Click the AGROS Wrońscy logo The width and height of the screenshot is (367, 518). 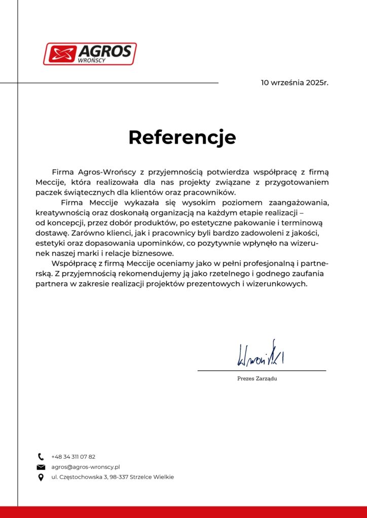tap(90, 54)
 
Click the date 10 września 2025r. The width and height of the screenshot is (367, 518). tap(295, 82)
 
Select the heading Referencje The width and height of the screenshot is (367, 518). tap(182, 137)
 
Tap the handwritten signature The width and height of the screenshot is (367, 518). tap(261, 355)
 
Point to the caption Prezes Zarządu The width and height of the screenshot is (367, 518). tap(257, 379)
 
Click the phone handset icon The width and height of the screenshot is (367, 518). tap(41, 456)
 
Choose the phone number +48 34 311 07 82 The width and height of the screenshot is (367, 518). tap(73, 456)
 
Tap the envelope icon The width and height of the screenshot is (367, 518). tap(41, 467)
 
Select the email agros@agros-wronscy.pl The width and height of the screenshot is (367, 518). tap(85, 467)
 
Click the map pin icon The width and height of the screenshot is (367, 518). tap(41, 477)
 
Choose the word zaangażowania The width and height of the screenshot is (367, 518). tap(299, 202)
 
